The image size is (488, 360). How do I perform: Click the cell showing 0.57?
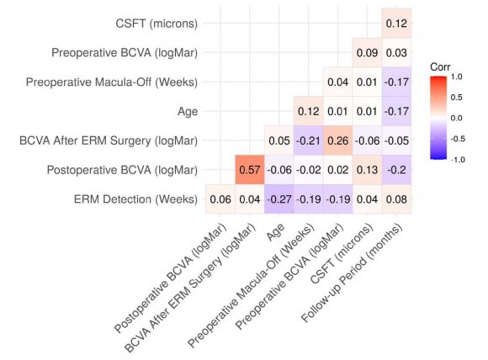pos(250,170)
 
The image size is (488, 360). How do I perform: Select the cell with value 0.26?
pos(337,140)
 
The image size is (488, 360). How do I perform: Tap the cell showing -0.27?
pos(278,199)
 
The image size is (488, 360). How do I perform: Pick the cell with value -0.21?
pos(308,140)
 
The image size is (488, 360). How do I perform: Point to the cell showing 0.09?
pos(366,53)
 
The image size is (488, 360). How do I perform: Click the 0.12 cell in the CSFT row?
pos(395,24)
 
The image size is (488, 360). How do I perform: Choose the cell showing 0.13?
pos(366,170)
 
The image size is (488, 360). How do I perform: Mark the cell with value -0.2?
pos(395,170)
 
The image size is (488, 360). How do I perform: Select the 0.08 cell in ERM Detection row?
pos(395,199)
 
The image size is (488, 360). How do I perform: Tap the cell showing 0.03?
pos(395,53)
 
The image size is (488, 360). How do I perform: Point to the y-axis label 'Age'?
pos(187,111)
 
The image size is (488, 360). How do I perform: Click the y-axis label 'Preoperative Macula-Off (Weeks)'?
pos(112,82)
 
